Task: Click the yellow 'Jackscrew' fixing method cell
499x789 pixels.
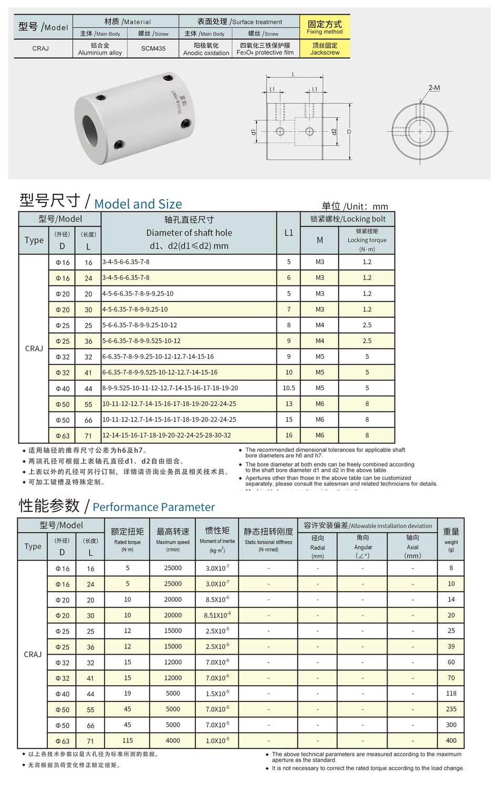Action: [325, 49]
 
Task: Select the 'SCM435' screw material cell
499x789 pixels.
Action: [153, 49]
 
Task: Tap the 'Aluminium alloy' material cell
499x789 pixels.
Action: [100, 49]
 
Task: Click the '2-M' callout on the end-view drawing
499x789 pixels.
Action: [434, 88]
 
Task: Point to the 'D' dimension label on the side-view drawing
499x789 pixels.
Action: [349, 132]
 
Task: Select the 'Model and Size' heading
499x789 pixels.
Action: [138, 204]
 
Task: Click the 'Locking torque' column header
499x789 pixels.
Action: [367, 240]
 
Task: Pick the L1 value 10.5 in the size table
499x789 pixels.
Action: [288, 388]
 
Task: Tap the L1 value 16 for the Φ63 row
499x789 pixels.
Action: [288, 435]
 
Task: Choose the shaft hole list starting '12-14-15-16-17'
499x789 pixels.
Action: [167, 435]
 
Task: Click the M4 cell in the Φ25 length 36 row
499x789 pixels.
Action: [319, 341]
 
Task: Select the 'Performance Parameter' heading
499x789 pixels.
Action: [153, 507]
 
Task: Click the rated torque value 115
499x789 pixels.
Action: [128, 741]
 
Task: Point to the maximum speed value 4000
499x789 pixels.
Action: [173, 741]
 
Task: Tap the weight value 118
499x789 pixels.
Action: [451, 694]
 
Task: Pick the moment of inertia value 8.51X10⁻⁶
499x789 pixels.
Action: [217, 615]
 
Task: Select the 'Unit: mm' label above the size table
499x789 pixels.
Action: [355, 206]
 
